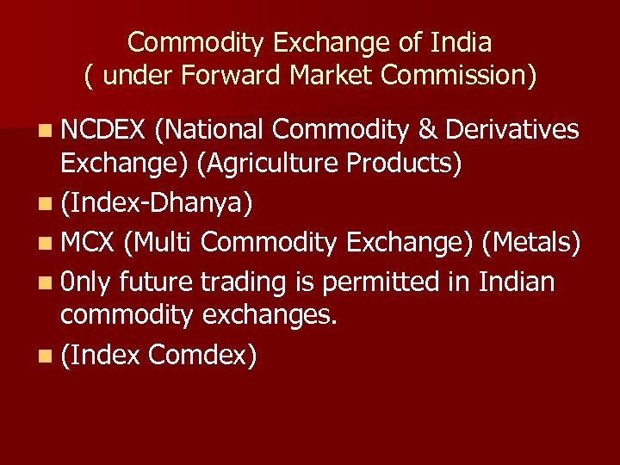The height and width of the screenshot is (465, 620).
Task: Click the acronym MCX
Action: (x=88, y=243)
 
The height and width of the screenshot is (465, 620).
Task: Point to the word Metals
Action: (x=531, y=243)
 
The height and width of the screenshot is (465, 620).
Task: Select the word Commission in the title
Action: (x=458, y=76)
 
